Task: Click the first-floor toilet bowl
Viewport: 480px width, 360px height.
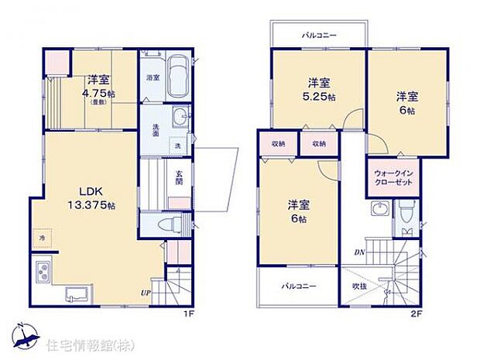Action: click(165, 224)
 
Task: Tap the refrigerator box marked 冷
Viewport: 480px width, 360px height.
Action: click(42, 238)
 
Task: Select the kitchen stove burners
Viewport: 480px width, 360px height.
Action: click(42, 273)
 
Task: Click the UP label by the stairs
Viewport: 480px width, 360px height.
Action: click(146, 293)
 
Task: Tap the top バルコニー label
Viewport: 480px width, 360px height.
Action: click(317, 36)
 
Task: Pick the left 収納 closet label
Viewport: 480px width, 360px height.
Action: click(279, 144)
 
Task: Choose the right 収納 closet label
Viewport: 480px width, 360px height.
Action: click(319, 144)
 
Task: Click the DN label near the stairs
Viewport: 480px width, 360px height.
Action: click(360, 252)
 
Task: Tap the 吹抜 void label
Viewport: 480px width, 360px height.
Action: click(358, 286)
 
